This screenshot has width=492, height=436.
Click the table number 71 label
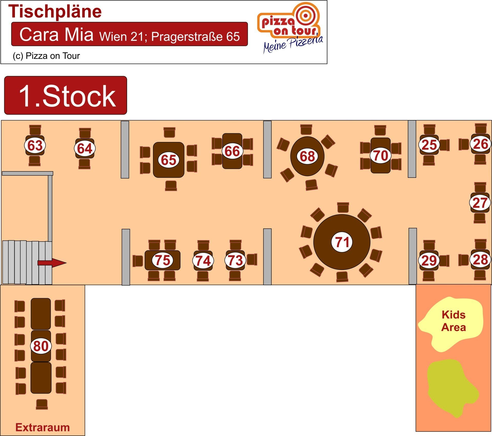342,242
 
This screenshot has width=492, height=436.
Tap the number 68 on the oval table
307,156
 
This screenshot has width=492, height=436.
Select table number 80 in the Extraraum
41,346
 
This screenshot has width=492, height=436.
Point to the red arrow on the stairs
52,263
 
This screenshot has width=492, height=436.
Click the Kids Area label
453,321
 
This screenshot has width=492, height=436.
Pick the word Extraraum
43,427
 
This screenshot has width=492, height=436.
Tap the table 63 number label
35,145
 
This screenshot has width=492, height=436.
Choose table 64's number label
85,148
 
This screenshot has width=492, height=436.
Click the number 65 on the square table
169,160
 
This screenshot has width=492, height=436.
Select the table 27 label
480,203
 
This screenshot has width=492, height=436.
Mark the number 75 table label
162,260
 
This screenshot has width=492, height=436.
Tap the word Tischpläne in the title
55,12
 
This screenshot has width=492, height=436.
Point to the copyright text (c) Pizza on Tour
46,56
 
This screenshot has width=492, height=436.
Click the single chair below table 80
42,404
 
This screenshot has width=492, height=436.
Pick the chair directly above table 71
343,207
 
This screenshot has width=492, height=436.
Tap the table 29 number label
429,261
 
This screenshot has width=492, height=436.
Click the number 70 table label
381,155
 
